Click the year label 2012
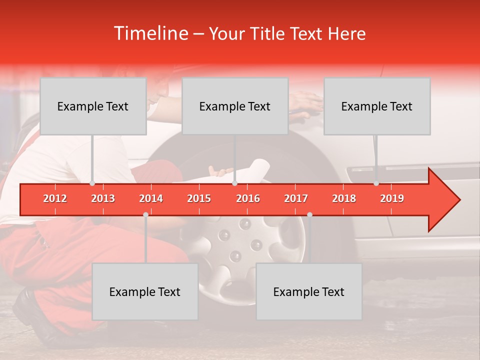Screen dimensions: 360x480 pos(55,198)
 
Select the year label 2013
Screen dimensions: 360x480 pos(103,198)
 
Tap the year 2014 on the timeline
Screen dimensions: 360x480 pos(151,198)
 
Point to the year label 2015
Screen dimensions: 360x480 pos(199,198)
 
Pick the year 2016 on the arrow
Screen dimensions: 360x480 pos(248,198)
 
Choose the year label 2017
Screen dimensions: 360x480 pos(296,198)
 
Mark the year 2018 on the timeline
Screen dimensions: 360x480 pos(344,198)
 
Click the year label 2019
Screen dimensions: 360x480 pos(392,198)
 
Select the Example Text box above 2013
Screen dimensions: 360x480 pos(93,106)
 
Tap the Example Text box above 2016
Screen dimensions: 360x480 pos(235,106)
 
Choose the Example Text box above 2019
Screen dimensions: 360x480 pos(377,106)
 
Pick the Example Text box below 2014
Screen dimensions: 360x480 pos(145,292)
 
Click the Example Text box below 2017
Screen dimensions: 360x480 pos(309,292)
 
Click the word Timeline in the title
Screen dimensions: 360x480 pos(150,33)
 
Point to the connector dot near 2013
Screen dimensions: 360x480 pos(92,183)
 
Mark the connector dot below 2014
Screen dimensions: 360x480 pos(145,214)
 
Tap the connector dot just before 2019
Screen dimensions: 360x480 pos(376,183)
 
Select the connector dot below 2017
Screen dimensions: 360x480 pos(309,214)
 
